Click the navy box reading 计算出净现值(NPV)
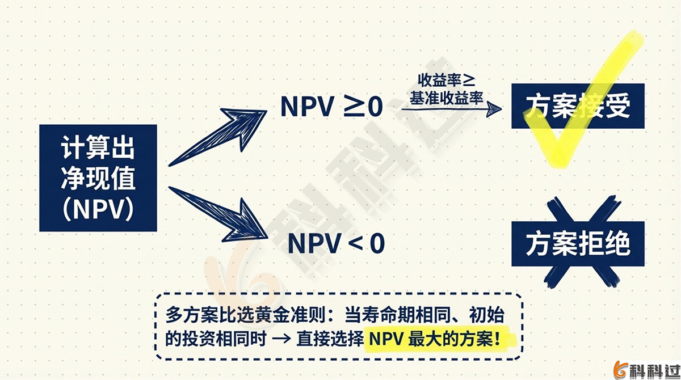(98, 178)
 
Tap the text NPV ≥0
(332, 107)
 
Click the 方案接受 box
(578, 106)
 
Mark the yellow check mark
(590, 102)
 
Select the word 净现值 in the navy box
(98, 179)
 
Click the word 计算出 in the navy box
(98, 149)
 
